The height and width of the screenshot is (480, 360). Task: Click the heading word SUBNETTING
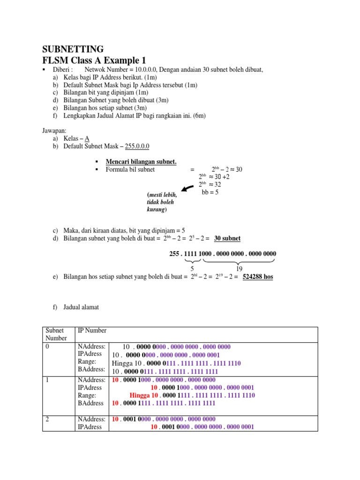tap(73, 50)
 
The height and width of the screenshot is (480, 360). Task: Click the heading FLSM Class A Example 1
tap(94, 60)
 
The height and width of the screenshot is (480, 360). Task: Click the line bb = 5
tap(210, 192)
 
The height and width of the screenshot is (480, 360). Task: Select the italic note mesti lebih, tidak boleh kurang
tap(162, 202)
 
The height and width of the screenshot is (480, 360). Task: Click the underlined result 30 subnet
tap(227, 238)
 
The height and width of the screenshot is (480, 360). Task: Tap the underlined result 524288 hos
tap(257, 277)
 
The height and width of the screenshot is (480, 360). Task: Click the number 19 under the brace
tap(239, 269)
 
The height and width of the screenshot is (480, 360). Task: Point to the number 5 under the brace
tap(192, 269)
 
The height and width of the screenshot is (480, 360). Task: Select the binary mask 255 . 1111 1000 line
tap(222, 254)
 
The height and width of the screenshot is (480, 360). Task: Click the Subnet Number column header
tap(56, 334)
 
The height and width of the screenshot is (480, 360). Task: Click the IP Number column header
tap(92, 330)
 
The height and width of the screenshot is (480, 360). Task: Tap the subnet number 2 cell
tap(47, 419)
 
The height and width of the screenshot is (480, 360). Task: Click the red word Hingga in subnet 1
tap(140, 396)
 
